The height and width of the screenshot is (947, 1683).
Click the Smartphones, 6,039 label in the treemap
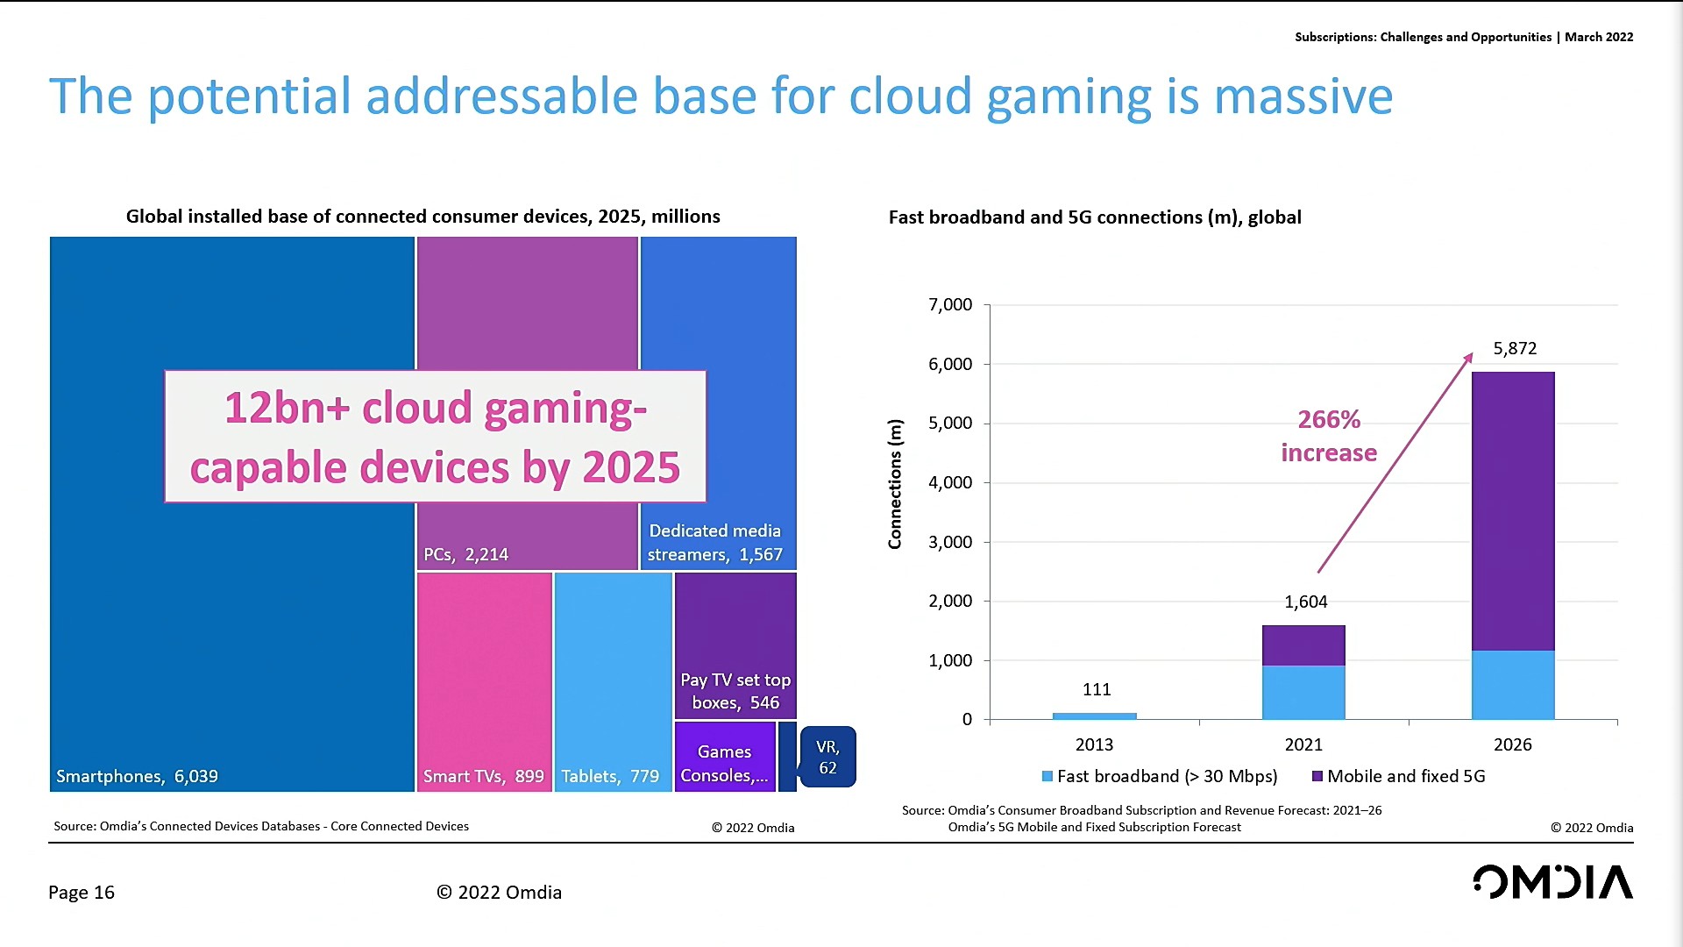click(137, 776)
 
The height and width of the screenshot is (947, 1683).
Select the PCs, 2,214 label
click(465, 554)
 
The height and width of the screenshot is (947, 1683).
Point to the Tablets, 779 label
click(610, 776)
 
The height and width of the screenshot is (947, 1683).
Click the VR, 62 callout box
click(827, 757)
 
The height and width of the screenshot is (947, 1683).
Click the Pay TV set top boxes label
click(735, 691)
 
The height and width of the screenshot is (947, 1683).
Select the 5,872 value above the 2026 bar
click(1515, 348)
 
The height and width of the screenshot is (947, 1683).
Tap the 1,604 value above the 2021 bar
click(1305, 602)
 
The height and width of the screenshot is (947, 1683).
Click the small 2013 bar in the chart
click(1094, 716)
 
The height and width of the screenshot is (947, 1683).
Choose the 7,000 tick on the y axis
click(949, 304)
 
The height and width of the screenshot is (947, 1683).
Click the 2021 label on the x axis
click(1303, 744)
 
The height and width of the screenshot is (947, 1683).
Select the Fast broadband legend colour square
click(1047, 776)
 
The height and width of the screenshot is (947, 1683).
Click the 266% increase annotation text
click(1329, 436)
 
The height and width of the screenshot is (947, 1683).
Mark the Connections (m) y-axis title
click(895, 484)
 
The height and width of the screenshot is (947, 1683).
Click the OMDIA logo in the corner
click(1552, 882)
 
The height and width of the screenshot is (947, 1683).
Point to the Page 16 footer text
click(82, 892)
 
